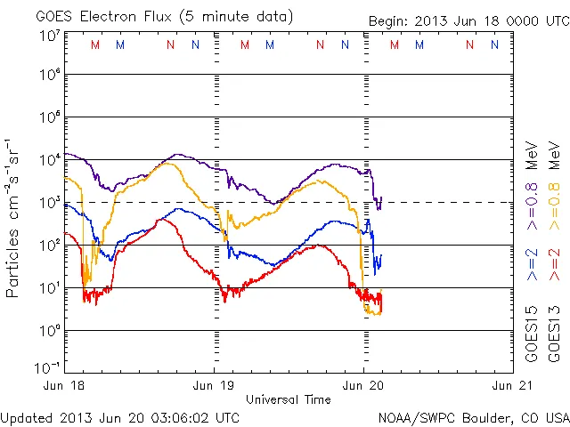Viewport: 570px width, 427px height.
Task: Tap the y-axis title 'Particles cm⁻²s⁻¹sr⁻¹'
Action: [x=14, y=217]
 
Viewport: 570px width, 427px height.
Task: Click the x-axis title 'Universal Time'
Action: [x=289, y=399]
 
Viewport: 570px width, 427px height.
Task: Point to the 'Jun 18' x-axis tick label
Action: [x=65, y=386]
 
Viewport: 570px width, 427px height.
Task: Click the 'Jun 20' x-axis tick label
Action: [x=364, y=386]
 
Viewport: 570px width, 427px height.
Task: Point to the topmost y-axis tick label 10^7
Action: [x=50, y=36]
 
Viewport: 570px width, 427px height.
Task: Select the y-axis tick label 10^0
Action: [x=50, y=330]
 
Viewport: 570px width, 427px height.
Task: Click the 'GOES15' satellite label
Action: [x=532, y=338]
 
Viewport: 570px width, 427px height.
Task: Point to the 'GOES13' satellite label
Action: [x=553, y=338]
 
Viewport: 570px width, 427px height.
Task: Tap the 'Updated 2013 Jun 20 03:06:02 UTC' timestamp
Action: [x=120, y=417]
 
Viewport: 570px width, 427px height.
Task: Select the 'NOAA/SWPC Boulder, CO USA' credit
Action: [x=473, y=417]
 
